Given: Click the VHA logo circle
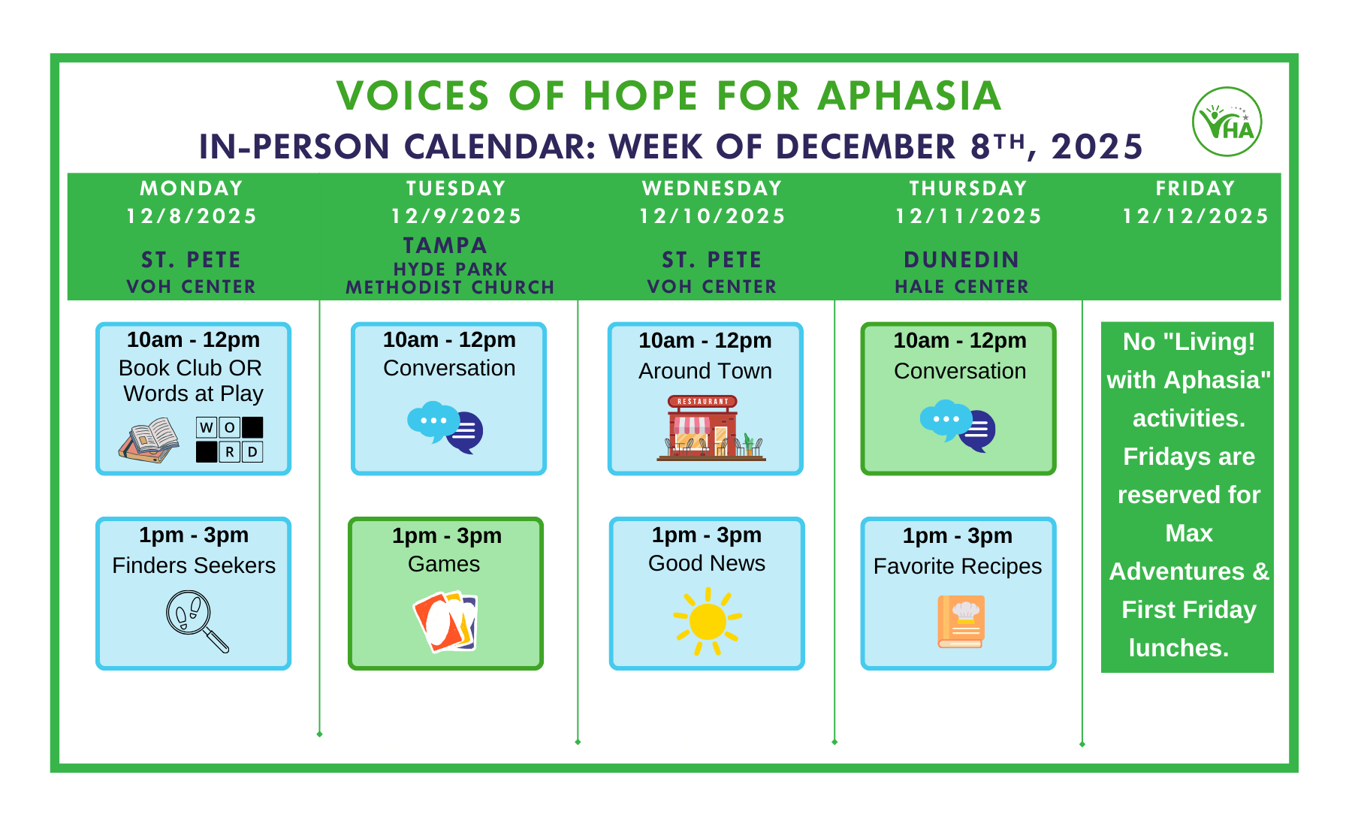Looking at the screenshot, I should (1227, 122).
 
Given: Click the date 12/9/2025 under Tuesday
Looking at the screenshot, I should (456, 216).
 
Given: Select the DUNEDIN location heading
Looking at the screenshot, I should (961, 260).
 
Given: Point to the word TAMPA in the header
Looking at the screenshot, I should (445, 246).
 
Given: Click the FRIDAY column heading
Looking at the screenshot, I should (1195, 188).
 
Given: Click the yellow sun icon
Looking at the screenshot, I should (707, 622).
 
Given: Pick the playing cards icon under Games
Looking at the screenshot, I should (445, 622).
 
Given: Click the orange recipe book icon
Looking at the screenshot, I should (961, 622).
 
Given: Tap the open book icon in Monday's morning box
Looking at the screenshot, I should (149, 440).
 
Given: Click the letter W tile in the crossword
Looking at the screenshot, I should (207, 427).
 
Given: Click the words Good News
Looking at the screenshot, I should (706, 563).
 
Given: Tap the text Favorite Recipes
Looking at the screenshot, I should (957, 566).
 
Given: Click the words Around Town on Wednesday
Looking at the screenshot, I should (705, 371).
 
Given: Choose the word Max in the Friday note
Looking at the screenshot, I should (1188, 533).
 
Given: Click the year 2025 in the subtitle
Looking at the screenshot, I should (1096, 146).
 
